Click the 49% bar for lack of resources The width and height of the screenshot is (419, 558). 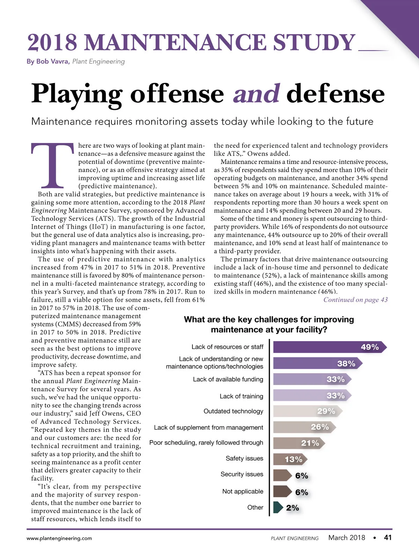click(x=328, y=347)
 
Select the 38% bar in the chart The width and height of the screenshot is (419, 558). click(x=316, y=363)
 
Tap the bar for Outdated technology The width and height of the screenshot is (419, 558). click(x=306, y=411)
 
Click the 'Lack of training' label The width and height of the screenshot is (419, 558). click(x=241, y=396)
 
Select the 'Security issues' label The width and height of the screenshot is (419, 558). click(x=242, y=474)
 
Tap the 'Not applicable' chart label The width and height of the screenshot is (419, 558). click(x=243, y=491)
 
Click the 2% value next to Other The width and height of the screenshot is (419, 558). click(x=293, y=508)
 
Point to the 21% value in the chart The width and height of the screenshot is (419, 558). click(x=310, y=443)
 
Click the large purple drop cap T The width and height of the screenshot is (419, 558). click(x=53, y=165)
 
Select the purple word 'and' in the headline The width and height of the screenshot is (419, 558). click(x=256, y=94)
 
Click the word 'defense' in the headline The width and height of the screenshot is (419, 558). click(x=335, y=94)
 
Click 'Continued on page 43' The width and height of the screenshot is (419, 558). click(x=355, y=300)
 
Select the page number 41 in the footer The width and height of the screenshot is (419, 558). click(x=388, y=537)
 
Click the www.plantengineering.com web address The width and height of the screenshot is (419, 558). click(x=59, y=538)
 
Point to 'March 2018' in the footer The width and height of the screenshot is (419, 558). click(x=346, y=537)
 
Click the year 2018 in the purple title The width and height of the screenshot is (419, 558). click(x=52, y=43)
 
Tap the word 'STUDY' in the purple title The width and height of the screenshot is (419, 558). click(x=314, y=43)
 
